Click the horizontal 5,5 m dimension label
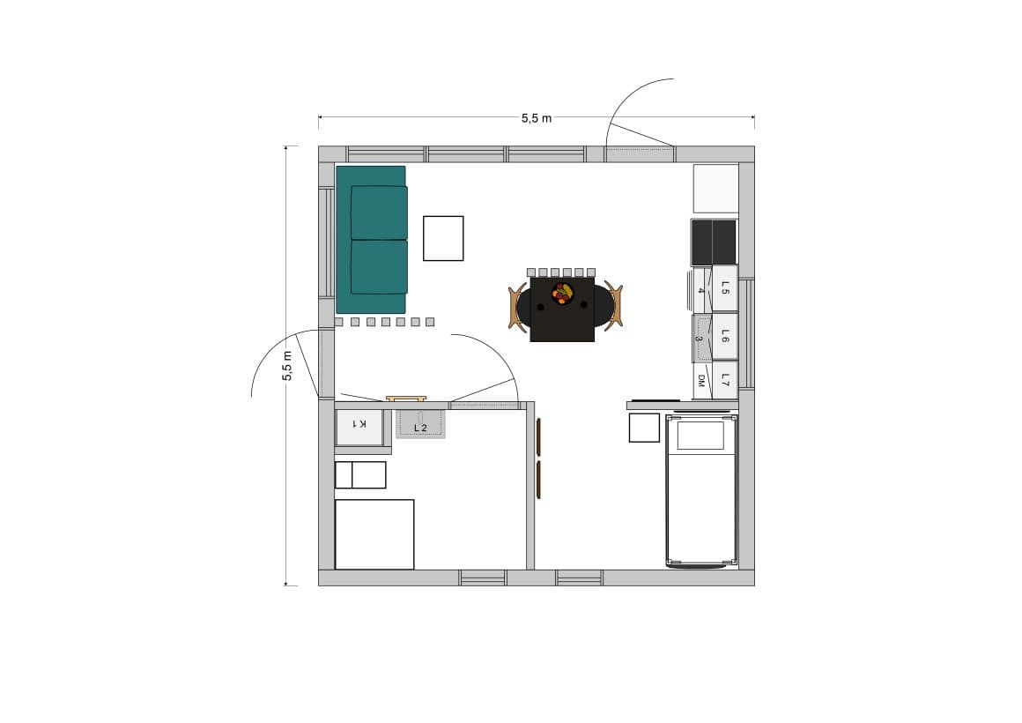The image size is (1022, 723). [x=537, y=118]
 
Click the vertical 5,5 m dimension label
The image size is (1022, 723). [x=287, y=366]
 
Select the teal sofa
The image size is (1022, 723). [x=372, y=240]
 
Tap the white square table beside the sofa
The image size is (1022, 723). [x=443, y=238]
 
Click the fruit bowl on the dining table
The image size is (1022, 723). [x=563, y=293]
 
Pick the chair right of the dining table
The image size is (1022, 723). [x=613, y=305]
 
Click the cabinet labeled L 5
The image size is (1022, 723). [x=725, y=287]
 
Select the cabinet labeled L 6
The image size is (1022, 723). [x=725, y=335]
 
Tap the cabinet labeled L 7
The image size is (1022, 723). [x=725, y=380]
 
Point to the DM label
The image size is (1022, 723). [x=701, y=381]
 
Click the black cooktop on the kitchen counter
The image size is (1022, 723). [x=714, y=242]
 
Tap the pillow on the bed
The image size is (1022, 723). [x=700, y=436]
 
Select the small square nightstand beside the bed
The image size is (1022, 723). [x=644, y=428]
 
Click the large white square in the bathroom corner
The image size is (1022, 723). [x=374, y=534]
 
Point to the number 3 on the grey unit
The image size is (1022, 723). [x=698, y=339]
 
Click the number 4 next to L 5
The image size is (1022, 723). [x=700, y=290]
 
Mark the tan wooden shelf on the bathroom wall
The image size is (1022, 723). [x=406, y=398]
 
